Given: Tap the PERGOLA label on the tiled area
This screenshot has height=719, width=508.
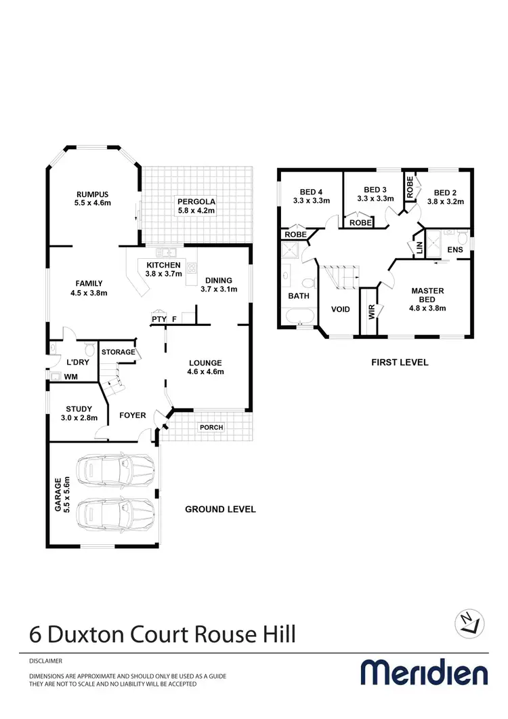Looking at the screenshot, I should pos(196,205).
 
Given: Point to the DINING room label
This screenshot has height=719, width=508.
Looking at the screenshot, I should pos(218,285).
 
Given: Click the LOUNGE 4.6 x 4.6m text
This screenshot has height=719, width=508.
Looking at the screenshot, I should pos(205,367).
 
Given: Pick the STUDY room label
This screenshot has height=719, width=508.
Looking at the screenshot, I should pos(79,413).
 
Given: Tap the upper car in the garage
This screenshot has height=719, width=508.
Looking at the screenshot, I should pos(116,469).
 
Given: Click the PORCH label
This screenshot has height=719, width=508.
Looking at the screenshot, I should pos(211,427).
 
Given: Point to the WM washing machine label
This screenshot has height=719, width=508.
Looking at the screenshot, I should pos(71,376).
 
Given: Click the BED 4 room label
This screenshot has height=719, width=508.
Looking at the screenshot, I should pos(311,195).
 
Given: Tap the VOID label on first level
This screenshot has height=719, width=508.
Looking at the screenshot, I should pos(340,309).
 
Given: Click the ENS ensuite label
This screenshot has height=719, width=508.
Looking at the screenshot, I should pos(455,250).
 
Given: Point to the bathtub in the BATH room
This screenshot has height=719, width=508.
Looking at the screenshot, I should pos(299,317).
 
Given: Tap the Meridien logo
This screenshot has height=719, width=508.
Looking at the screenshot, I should pos(423,673).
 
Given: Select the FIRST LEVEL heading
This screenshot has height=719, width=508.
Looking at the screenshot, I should pos(400,362).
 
